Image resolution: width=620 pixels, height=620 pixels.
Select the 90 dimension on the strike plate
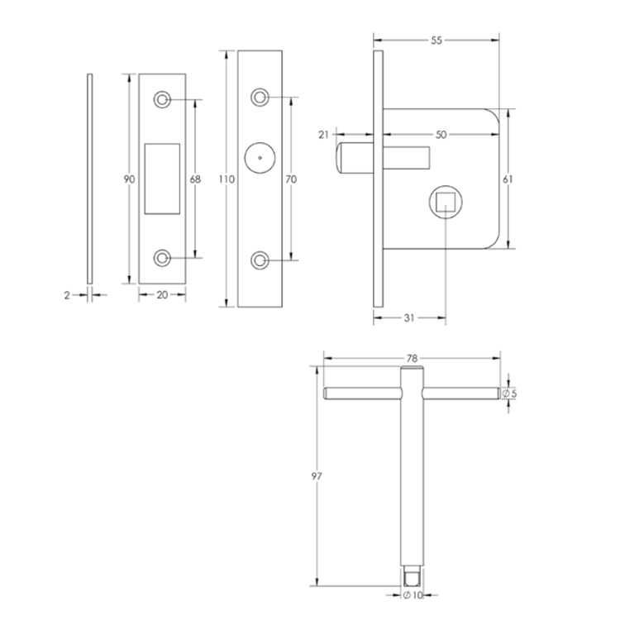click(x=129, y=179)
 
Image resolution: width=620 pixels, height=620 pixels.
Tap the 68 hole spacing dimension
click(x=196, y=179)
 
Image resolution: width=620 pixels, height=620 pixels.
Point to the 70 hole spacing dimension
click(x=290, y=179)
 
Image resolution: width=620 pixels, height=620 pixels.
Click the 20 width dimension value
click(x=162, y=294)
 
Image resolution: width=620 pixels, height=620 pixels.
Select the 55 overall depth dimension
click(x=436, y=40)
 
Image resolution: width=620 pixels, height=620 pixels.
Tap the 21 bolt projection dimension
click(x=323, y=134)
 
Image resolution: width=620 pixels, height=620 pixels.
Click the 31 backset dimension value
click(x=410, y=317)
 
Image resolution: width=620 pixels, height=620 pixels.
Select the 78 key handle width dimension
click(x=411, y=358)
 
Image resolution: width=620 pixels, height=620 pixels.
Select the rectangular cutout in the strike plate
click(x=162, y=179)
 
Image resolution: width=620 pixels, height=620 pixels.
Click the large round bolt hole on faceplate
click(x=260, y=157)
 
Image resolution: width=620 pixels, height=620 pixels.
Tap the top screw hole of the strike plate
click(x=162, y=100)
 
